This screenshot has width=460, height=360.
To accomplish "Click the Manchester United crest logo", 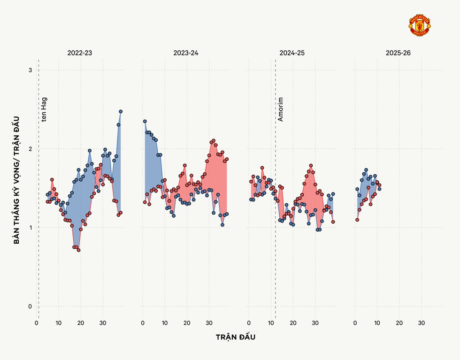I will click(420, 26).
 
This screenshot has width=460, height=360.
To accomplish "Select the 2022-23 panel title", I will click(79, 53).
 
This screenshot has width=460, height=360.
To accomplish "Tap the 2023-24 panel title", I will click(185, 53).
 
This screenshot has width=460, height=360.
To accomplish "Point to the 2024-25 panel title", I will click(291, 53).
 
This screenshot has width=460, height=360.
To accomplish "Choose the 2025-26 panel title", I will click(398, 53).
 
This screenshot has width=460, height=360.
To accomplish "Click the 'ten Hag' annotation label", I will click(44, 109).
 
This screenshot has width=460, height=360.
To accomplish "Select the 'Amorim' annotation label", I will click(281, 109).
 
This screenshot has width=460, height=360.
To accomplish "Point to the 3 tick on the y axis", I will click(31, 70).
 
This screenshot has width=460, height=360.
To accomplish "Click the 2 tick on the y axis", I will click(31, 149).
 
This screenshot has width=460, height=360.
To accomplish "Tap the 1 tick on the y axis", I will click(31, 228).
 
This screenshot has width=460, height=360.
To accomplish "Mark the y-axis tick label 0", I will click(31, 306).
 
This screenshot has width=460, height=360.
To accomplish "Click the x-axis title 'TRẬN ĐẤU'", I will click(236, 337).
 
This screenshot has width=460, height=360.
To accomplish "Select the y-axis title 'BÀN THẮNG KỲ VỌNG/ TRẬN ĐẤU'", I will click(17, 180).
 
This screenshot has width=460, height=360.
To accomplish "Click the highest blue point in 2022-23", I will click(121, 111).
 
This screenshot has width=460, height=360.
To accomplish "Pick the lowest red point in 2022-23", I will click(78, 250).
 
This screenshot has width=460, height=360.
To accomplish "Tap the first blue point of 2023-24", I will click(145, 121).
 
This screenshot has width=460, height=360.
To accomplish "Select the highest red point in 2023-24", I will click(213, 140).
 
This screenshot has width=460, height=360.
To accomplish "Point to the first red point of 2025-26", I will click(357, 220).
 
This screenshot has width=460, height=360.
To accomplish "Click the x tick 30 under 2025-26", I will click(421, 323).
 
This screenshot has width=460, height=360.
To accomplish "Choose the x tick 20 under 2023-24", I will click(187, 323).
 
